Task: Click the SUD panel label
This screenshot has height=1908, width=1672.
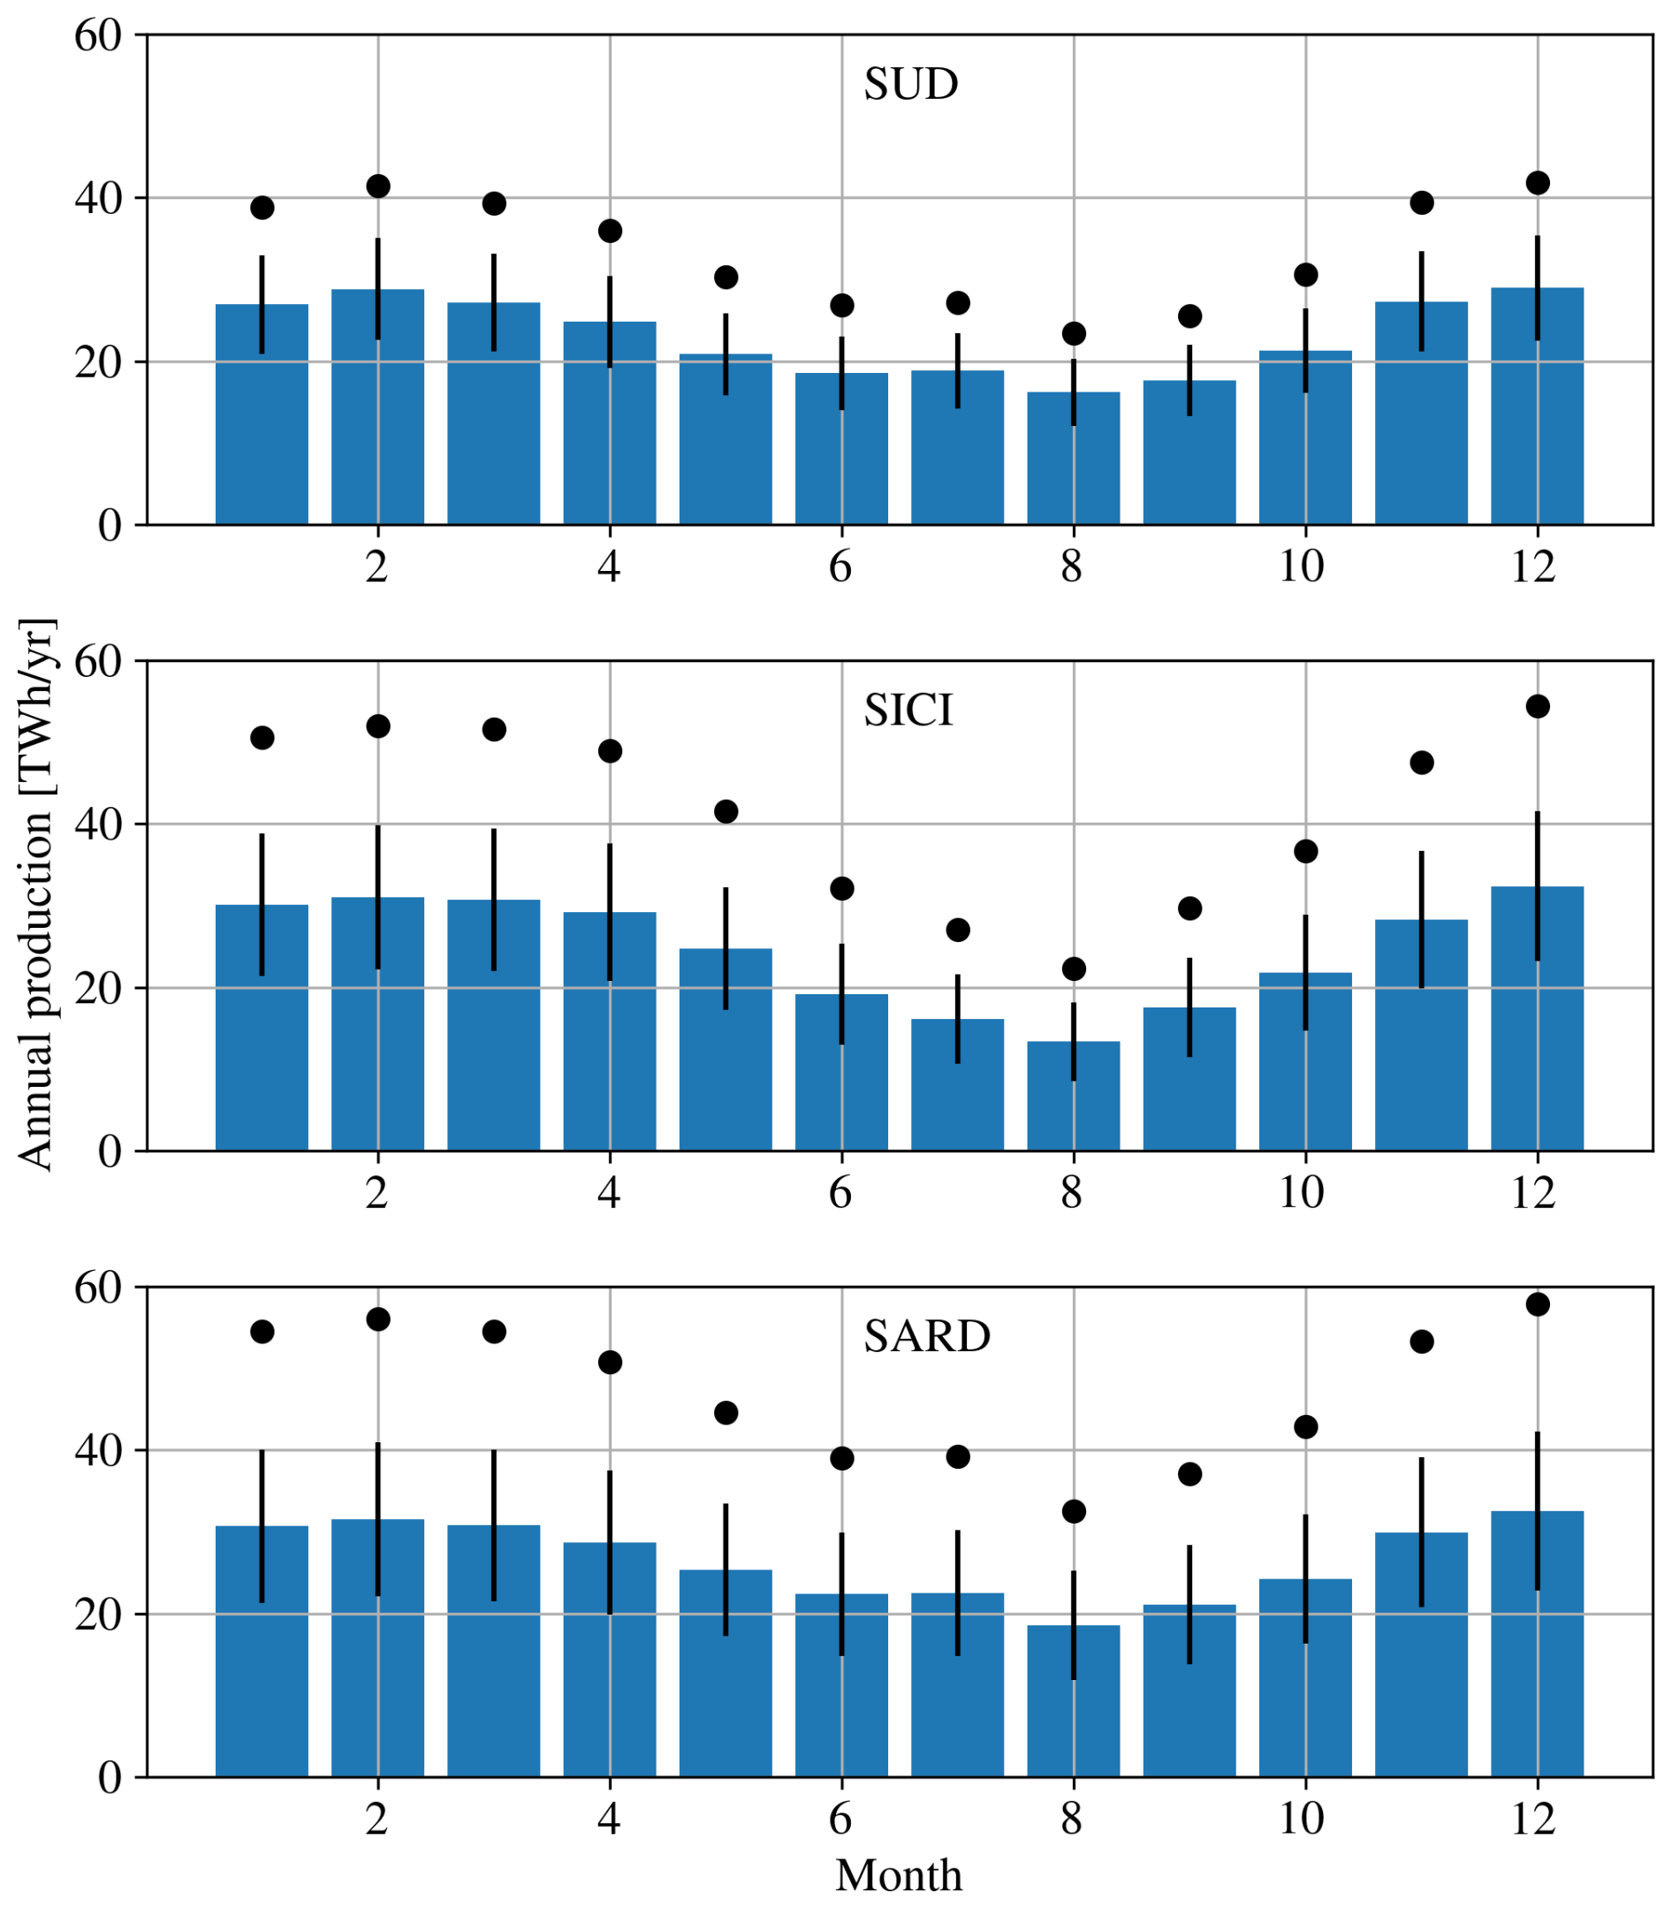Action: [x=910, y=85]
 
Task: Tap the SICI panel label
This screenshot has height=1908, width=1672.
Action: [x=908, y=711]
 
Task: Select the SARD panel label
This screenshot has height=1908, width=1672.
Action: [x=926, y=1336]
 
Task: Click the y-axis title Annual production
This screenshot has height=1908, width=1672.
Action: [x=35, y=893]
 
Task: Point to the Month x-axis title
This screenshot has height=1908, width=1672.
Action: [x=898, y=1875]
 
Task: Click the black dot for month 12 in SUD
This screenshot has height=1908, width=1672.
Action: [x=1538, y=183]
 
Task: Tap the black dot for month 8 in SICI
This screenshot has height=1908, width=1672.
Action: [x=1074, y=969]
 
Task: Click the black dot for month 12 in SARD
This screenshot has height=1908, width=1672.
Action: [x=1538, y=1304]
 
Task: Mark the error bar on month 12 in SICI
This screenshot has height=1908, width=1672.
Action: [x=1538, y=886]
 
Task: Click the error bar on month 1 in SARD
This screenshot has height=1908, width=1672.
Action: [x=262, y=1525]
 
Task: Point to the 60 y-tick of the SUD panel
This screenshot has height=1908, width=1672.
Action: [x=98, y=36]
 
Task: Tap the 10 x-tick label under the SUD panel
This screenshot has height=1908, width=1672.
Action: [x=1302, y=566]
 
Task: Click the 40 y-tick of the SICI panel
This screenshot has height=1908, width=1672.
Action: [x=98, y=825]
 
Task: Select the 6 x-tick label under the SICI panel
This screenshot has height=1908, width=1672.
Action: [x=840, y=1192]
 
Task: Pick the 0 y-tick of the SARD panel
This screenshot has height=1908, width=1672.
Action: [x=110, y=1778]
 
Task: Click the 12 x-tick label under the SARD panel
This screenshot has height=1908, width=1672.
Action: [x=1534, y=1819]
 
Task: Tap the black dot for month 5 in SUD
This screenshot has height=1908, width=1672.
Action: [x=726, y=277]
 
